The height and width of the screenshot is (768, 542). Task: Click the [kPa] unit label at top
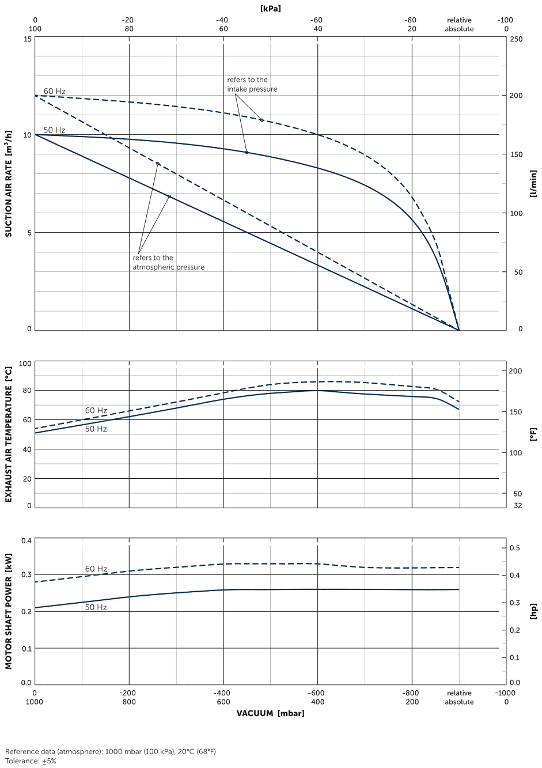point(270,9)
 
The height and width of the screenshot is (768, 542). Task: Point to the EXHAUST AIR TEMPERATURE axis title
point(9,434)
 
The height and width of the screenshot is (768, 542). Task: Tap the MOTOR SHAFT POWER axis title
point(9,611)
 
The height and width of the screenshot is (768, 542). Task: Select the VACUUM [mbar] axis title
point(270,713)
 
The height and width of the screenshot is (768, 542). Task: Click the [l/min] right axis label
point(533,184)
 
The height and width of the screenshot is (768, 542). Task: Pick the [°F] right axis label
point(533,434)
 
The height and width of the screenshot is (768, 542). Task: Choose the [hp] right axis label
point(533,611)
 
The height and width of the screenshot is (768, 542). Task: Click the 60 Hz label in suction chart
point(54,91)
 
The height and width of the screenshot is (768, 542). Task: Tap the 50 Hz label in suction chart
point(54,130)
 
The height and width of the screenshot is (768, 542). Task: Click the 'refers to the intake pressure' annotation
point(252,85)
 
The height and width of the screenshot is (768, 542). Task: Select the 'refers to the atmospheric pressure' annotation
point(168,263)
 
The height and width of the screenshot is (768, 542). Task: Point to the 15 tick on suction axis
point(28,39)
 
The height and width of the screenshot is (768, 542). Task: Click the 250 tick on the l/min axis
point(516,39)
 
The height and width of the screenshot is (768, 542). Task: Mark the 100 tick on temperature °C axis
point(25,364)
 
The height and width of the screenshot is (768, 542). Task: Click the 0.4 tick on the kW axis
point(26,540)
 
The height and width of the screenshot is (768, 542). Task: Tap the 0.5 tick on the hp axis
point(515,548)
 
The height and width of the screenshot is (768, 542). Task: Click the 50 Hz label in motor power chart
point(96,607)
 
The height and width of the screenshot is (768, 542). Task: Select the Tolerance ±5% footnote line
point(31,761)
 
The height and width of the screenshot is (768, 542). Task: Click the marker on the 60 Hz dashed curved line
point(261,120)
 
